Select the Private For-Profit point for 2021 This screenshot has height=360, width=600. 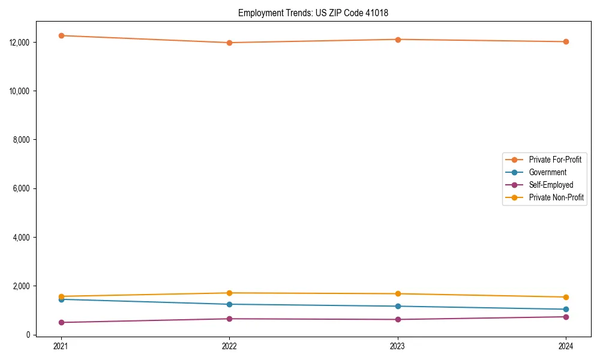(61, 35)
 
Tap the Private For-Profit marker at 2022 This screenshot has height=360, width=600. (229, 43)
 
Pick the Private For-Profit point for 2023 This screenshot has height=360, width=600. (398, 40)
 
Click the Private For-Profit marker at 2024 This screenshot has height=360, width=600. (566, 42)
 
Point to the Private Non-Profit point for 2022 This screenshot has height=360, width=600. (229, 293)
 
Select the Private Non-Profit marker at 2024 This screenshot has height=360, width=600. (566, 297)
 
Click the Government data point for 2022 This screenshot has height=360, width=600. (229, 304)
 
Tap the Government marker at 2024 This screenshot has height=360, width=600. (566, 310)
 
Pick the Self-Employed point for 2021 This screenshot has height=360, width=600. (61, 322)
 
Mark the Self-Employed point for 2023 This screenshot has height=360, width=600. (398, 319)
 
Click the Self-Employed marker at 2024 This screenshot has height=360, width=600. (566, 317)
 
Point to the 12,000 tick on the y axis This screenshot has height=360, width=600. (20, 43)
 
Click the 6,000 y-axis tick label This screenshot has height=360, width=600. (22, 188)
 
